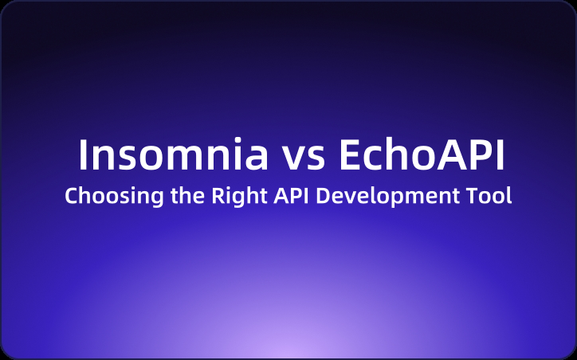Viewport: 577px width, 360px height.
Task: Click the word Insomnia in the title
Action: coord(173,156)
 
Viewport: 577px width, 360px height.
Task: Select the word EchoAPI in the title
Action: coord(422,156)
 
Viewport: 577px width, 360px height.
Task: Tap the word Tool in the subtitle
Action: coord(488,196)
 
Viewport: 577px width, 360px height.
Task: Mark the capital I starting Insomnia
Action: coord(83,156)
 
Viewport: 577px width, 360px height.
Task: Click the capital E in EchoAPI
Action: coord(351,156)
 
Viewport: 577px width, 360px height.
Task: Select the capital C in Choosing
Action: coord(71,196)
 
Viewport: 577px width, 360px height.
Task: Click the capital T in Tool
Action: coord(468,196)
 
